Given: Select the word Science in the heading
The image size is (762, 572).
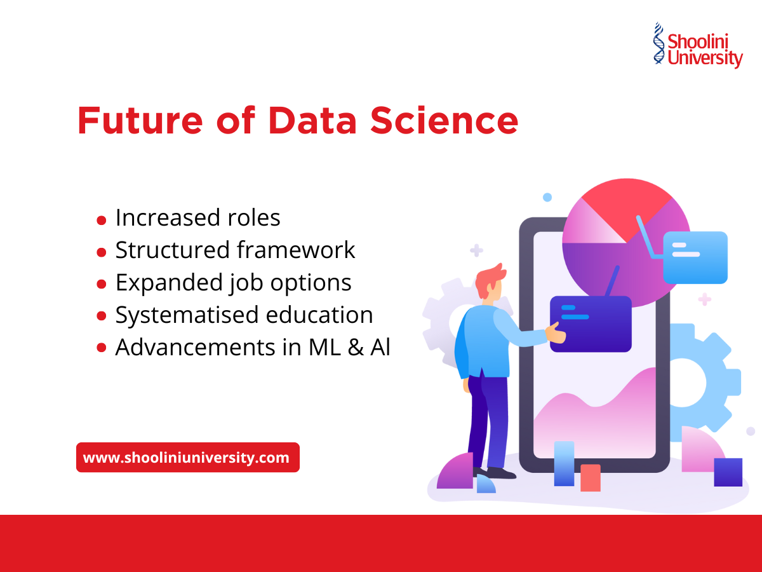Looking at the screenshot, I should tap(444, 121).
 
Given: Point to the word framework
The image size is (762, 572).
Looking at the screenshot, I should tap(296, 250).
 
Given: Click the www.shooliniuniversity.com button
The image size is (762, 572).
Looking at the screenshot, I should tap(187, 458).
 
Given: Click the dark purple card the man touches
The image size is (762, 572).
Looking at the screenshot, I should tap(591, 323).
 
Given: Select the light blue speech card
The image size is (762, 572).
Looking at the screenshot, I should tap(695, 257).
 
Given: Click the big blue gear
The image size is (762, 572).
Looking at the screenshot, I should tap(695, 381).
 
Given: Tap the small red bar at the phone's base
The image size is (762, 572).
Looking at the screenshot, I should tap(591, 477).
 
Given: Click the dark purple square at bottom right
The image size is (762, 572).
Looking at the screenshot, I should tap(728, 472).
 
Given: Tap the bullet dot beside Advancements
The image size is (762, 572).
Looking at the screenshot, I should tap(102, 348).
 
